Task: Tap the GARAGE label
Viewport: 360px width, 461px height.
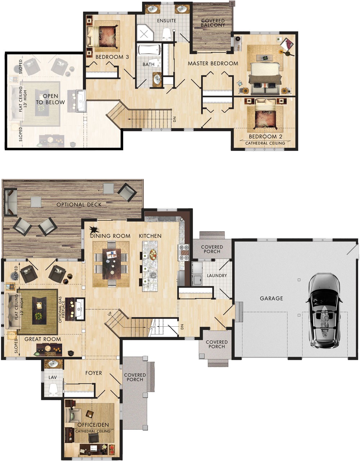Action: coord(271,298)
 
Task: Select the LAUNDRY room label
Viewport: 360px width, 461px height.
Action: coord(217,276)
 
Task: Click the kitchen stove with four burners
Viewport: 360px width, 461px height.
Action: coord(184,252)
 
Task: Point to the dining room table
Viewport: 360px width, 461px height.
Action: coord(111,264)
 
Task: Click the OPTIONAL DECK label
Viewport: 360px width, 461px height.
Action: coord(79,205)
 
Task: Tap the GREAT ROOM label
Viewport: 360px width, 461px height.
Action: coord(42,339)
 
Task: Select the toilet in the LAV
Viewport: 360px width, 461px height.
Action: coord(53,389)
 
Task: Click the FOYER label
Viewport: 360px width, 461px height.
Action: coord(94,373)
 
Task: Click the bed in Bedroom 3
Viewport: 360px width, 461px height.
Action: coord(104,36)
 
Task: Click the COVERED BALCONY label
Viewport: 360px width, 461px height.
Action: coord(213,23)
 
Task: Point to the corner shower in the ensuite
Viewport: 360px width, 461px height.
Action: coord(146,33)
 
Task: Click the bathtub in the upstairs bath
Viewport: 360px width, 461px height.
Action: coord(149,49)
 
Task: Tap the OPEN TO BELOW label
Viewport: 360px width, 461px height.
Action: coord(50,99)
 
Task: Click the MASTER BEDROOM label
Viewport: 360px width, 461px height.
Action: coord(213,63)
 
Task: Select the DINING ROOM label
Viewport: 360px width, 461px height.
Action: coord(110,236)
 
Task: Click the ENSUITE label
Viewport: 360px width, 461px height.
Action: coord(166,21)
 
